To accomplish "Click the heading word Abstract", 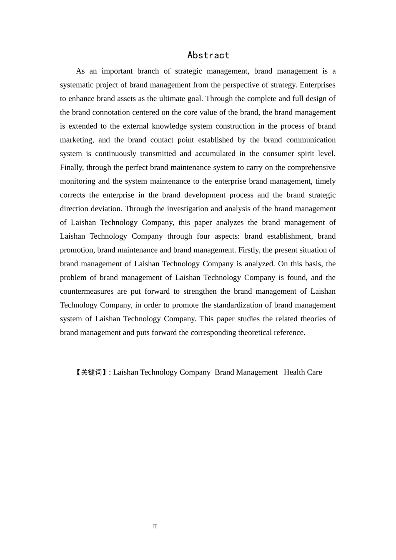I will point(208,55).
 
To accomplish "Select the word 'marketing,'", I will point(77,140).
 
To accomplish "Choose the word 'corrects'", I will point(73,195).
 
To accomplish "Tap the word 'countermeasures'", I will point(86,291).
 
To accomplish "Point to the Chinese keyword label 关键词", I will point(91,372).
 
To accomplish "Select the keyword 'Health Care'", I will point(303,372).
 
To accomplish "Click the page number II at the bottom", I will point(155,527).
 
